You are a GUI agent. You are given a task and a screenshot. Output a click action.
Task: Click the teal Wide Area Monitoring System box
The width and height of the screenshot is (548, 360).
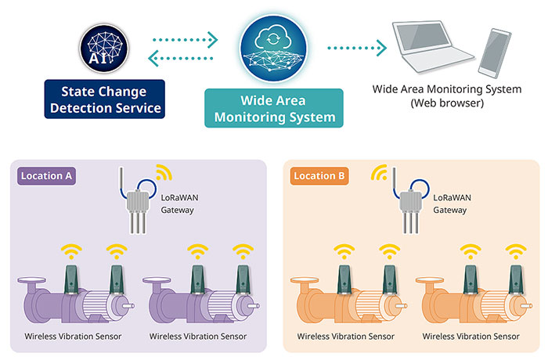[x=273, y=109]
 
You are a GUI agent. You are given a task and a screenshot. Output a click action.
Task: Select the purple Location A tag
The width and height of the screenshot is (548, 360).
[x=46, y=176]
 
